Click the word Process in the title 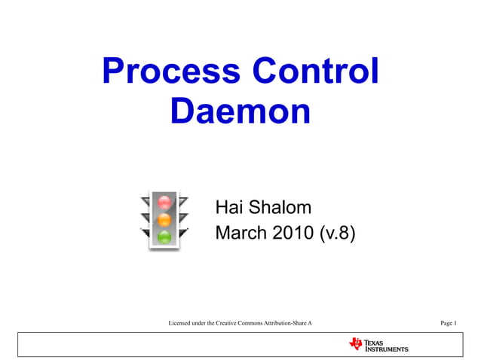tap(170, 72)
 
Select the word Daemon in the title tap(240, 111)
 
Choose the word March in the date tap(240, 233)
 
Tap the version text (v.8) tap(336, 233)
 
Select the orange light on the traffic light tap(164, 220)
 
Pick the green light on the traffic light tap(164, 237)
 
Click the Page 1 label tap(449, 323)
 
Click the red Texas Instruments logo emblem tap(356, 344)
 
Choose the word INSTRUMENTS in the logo tap(387, 349)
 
